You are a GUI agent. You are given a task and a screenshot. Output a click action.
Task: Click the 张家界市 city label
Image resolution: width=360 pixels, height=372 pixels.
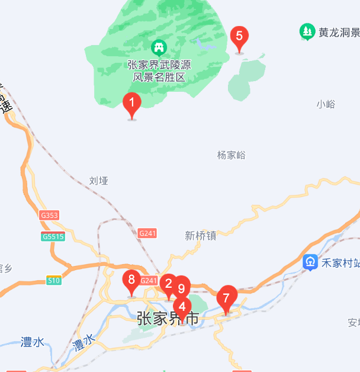click(168, 319)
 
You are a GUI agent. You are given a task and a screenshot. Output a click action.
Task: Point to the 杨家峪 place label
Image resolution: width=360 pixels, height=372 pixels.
click(231, 155)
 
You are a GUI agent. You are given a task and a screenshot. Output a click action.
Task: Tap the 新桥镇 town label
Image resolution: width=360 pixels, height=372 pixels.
click(200, 235)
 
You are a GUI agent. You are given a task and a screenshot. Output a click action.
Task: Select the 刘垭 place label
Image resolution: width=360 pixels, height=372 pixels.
click(99, 181)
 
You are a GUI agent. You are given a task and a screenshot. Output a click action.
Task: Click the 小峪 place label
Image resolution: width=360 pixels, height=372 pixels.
click(326, 104)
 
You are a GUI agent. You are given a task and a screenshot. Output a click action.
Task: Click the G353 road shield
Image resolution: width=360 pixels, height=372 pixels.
click(50, 216)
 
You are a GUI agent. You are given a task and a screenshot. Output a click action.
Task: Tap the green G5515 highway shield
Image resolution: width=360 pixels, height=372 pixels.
click(53, 237)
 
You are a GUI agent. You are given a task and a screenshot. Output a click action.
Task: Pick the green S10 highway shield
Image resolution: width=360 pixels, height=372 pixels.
click(54, 280)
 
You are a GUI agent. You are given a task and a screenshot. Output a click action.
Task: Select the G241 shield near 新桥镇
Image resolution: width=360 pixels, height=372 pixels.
click(147, 233)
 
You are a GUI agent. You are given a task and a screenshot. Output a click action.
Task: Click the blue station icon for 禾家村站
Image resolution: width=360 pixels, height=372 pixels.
click(310, 262)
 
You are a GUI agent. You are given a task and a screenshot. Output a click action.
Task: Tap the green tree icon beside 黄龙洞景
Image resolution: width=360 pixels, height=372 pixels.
click(307, 32)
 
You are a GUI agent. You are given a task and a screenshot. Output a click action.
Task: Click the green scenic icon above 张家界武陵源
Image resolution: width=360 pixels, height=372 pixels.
click(159, 46)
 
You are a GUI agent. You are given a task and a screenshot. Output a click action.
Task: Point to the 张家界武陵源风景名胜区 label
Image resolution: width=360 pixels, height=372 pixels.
click(159, 70)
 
